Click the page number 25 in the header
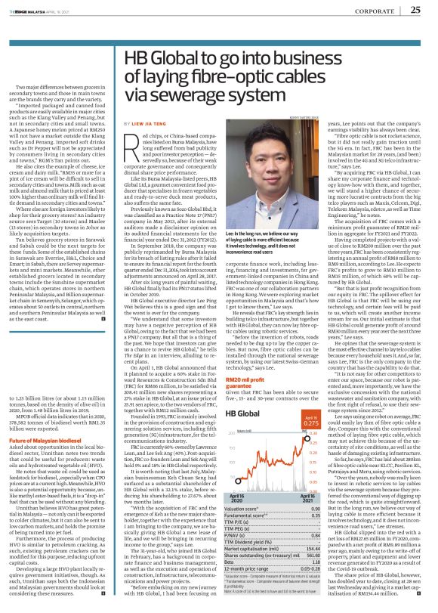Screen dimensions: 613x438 (415, 10)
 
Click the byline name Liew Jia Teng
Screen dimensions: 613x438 (146, 119)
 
